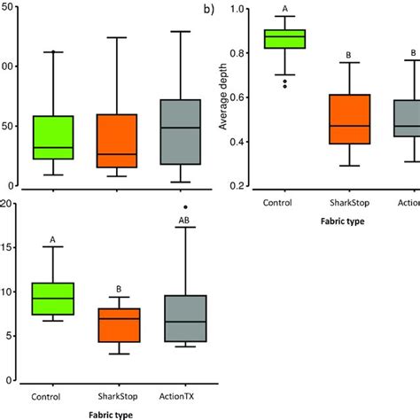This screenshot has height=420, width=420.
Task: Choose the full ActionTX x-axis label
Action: click(x=185, y=395)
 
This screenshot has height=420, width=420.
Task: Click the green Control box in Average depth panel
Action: click(x=284, y=39)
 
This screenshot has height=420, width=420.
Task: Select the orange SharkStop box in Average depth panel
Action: click(x=348, y=119)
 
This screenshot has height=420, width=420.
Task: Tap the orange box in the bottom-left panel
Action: click(x=120, y=325)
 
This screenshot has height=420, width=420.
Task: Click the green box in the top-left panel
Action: click(x=53, y=137)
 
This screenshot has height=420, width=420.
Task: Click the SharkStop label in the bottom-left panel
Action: click(x=120, y=395)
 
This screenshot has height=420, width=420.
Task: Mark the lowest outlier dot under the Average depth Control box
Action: click(x=284, y=86)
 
